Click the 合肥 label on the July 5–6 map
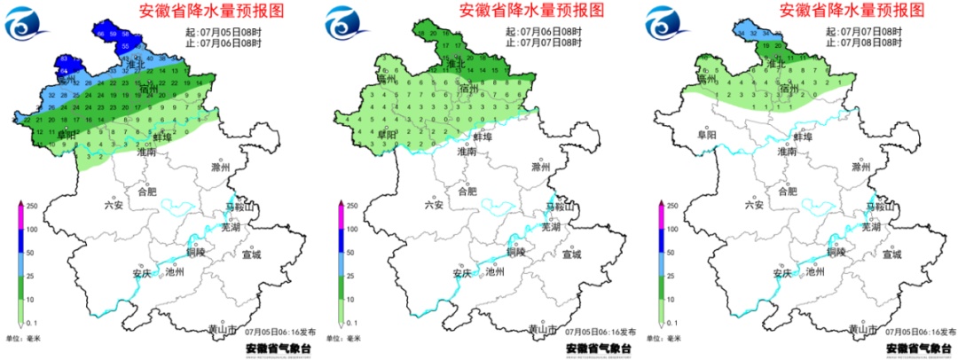pos(147,191)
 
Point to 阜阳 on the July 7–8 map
pos(707,136)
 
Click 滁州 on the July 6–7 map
pos(541,167)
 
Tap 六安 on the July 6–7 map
pos(433,204)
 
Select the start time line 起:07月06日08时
pos(544,31)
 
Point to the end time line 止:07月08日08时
pos(864,42)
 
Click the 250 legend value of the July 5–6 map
pos(30,206)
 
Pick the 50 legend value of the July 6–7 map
pos(350,252)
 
